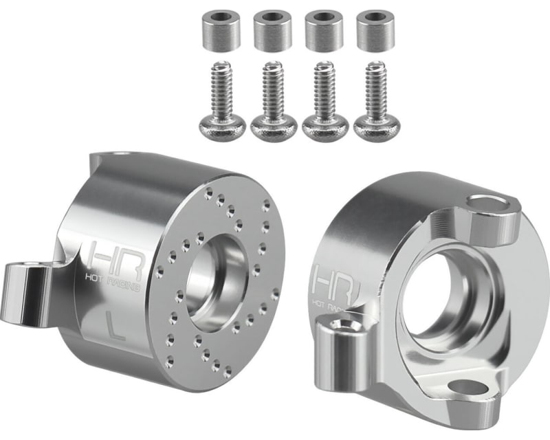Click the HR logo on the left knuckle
(110, 255)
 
